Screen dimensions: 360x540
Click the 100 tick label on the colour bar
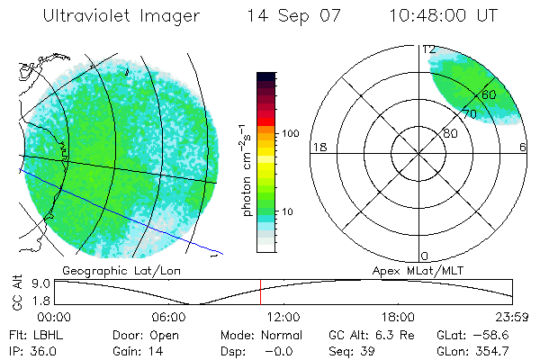coord(290,133)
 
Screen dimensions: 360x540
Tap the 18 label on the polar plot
coord(318,148)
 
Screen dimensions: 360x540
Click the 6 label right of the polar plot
coord(523,148)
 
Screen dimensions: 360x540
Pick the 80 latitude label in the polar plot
coord(450,133)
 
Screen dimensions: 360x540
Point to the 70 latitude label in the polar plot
coord(469,114)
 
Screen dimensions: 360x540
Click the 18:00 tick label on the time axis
coord(399,317)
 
